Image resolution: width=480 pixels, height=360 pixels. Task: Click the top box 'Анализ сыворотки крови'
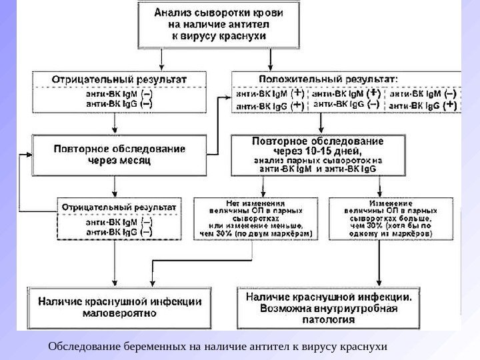[x=218, y=24]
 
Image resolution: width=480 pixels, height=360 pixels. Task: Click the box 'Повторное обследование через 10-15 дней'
[x=318, y=155]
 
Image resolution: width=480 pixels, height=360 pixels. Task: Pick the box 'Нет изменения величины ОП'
[x=256, y=218]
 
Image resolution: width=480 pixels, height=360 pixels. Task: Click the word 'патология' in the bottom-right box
[x=332, y=319]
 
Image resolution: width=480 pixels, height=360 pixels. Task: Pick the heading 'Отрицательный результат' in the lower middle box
[x=119, y=207]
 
